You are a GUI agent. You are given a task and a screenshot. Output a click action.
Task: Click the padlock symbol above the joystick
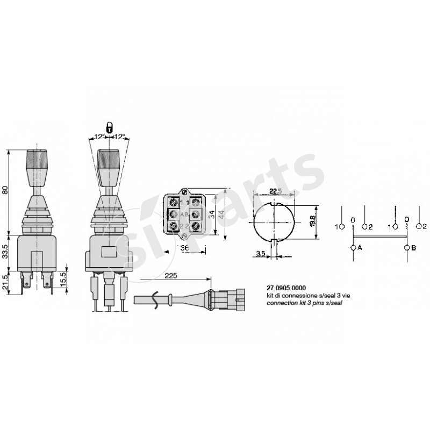tap(109, 127)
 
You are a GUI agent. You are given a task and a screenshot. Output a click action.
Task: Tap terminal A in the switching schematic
tap(353, 248)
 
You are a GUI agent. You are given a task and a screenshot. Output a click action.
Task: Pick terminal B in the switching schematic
tap(407, 248)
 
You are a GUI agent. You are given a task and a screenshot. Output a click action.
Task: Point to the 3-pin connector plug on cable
tap(232, 298)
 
